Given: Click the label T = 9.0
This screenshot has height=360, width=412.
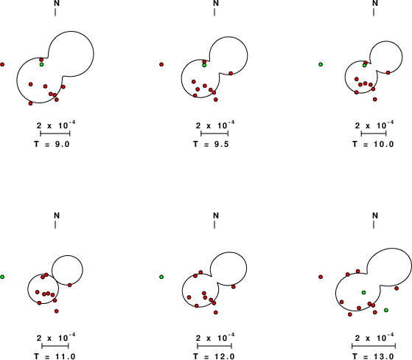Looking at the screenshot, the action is [52, 144].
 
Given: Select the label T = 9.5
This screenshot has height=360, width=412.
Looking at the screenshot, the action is [212, 144].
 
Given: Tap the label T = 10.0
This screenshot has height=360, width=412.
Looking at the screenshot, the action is [373, 144].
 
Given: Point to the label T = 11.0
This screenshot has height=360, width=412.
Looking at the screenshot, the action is [55, 356].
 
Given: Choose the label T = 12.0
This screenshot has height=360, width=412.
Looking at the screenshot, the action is [214, 356].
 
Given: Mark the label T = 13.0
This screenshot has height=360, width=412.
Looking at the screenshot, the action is [373, 356].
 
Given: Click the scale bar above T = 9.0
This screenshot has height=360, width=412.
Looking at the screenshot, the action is [55, 134].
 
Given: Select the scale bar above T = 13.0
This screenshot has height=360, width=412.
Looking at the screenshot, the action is [374, 346].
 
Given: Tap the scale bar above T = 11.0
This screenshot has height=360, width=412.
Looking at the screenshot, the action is [55, 346].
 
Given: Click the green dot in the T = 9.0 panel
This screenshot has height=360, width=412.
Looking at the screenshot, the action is [41, 64].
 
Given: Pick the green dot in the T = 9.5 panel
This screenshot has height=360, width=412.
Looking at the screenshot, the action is [204, 65].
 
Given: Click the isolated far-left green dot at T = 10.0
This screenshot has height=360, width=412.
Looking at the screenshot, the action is [321, 64].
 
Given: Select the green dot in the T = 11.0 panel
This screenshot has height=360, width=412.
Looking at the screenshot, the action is [2, 277].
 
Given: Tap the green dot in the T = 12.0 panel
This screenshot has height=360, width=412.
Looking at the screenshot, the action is [161, 277].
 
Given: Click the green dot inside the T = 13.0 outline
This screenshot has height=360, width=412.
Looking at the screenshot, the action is [363, 292].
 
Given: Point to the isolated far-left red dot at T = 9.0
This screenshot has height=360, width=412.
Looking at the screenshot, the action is [2, 64].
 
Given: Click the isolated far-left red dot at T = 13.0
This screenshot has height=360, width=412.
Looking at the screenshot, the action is [321, 277].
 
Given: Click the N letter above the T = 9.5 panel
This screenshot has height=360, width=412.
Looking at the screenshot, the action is [216, 3].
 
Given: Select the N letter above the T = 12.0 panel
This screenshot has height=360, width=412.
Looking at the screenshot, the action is [216, 215].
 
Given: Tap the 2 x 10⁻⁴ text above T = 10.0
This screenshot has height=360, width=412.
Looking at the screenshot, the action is [374, 125].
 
